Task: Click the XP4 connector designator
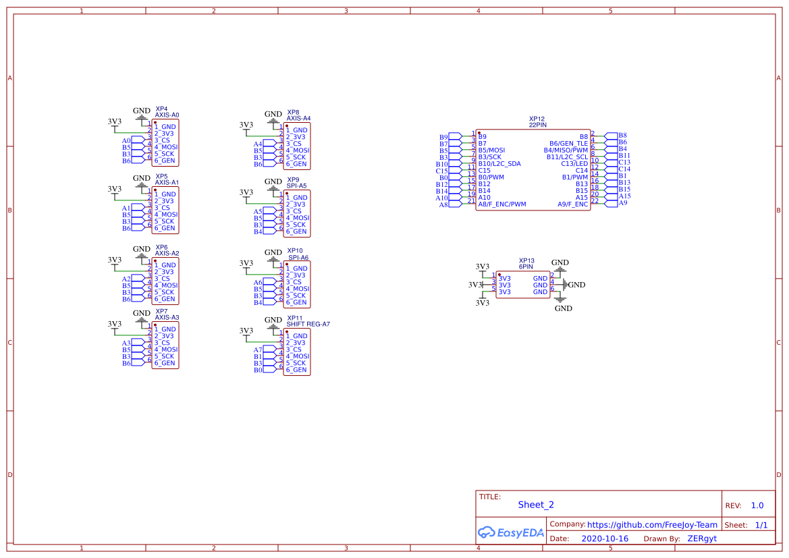point(161,108)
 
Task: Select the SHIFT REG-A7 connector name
point(308,325)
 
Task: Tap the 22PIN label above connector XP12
point(538,125)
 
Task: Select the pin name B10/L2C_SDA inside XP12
point(499,164)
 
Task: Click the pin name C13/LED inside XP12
point(574,164)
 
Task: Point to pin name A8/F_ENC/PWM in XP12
point(501,204)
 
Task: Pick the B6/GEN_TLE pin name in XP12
point(568,144)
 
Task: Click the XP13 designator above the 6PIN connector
point(526,260)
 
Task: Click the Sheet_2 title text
point(536,505)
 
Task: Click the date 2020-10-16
point(605,538)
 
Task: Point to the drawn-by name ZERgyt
point(702,538)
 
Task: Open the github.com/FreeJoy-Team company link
point(652,524)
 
